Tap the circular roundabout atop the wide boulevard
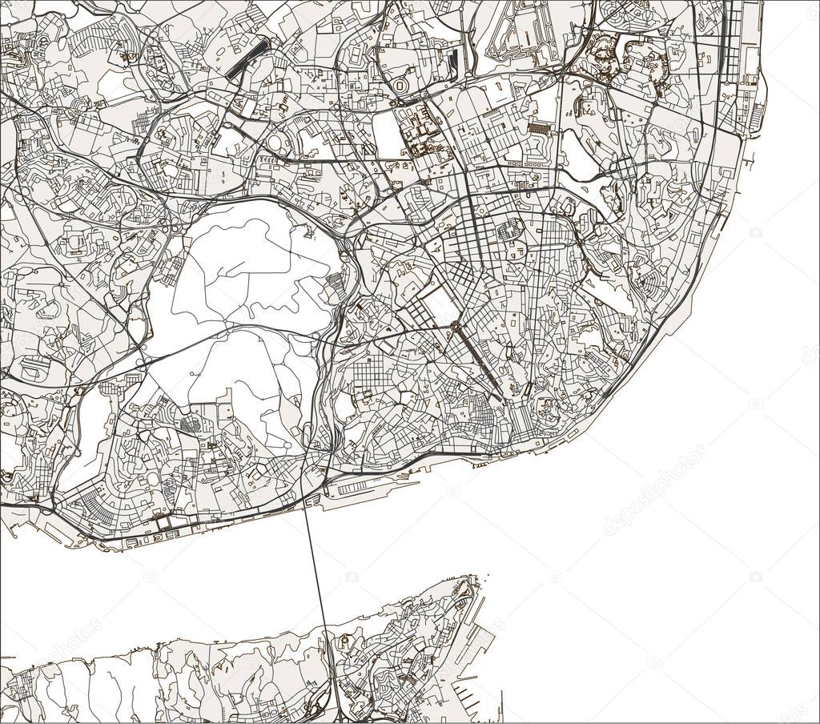(455, 326)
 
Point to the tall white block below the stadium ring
(389, 135)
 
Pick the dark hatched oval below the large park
(190, 425)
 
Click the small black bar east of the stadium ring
(455, 60)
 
